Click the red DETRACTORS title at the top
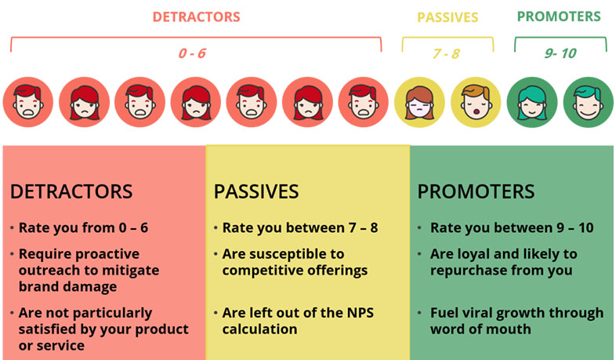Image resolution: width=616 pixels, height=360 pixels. click(196, 17)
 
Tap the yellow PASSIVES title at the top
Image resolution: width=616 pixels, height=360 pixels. click(448, 17)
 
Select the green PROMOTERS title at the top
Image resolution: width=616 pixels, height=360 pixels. click(559, 16)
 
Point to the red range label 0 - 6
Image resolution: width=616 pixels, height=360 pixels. click(192, 53)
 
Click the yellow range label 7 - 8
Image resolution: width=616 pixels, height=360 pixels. click(446, 53)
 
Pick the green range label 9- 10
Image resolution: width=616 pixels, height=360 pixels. click(560, 53)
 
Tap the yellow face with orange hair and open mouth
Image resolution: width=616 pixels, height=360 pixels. click(476, 102)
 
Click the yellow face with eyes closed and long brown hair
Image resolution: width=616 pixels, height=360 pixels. click(419, 102)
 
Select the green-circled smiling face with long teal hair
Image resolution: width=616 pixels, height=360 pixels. click(532, 102)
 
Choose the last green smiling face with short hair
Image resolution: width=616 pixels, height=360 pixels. click(588, 102)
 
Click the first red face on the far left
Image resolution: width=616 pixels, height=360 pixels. click(28, 102)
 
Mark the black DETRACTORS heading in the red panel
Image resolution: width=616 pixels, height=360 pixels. click(71, 192)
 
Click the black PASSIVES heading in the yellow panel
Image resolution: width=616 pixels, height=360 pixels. click(256, 192)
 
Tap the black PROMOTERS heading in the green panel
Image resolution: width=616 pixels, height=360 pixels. click(476, 192)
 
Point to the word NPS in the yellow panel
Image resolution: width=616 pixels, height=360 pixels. click(361, 313)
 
